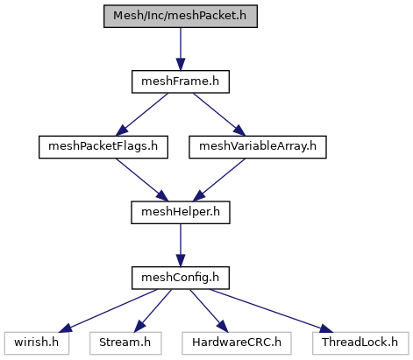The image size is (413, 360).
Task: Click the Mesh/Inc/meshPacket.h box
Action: click(x=181, y=17)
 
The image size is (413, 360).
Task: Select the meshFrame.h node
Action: click(x=181, y=81)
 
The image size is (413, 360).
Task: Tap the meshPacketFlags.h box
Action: click(x=103, y=147)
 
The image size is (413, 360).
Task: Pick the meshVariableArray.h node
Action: click(x=258, y=147)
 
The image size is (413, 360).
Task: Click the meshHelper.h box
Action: click(x=181, y=213)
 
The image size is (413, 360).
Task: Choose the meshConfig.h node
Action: click(x=181, y=278)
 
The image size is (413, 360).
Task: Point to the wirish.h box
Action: click(x=37, y=343)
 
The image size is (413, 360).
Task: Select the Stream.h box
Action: click(x=125, y=343)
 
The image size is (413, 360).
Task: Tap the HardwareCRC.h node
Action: click(x=237, y=343)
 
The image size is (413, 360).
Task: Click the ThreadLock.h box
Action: click(x=360, y=343)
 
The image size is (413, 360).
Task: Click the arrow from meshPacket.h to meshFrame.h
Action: click(x=181, y=49)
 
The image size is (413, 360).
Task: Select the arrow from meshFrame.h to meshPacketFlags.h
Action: click(x=142, y=115)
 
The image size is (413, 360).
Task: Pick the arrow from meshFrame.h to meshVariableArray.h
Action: click(x=219, y=115)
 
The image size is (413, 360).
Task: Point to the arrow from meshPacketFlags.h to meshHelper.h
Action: click(x=142, y=180)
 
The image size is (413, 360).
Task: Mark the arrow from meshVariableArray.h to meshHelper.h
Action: click(x=219, y=180)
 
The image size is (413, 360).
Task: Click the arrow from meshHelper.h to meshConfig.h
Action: click(x=181, y=245)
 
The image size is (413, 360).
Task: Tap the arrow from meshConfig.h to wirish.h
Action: click(x=108, y=311)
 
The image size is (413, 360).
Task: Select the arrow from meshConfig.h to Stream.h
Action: click(x=153, y=311)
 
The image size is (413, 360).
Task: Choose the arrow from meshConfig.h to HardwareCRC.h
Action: click(x=209, y=311)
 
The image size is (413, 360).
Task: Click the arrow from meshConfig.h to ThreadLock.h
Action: click(x=271, y=311)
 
